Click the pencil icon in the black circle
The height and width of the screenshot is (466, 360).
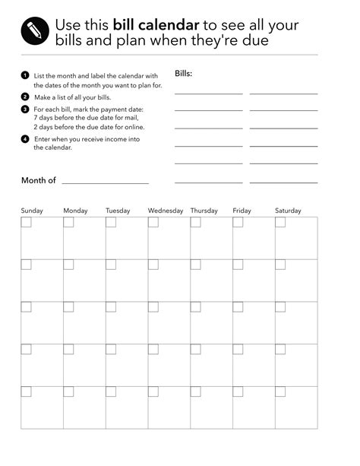coord(34,30)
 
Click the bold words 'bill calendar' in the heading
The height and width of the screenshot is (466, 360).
coord(156,25)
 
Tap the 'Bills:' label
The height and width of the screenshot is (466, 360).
coord(183,74)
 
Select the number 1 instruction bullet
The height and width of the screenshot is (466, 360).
coord(25,75)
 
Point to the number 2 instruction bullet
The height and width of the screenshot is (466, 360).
coord(25,97)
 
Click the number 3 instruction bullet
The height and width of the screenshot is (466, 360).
coord(25,109)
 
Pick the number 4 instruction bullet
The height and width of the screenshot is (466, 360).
coord(25,138)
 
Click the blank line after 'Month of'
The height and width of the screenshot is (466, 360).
coord(105,182)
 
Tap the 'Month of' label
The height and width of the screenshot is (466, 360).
coord(39,180)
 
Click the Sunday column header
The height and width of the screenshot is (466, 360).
coord(32,211)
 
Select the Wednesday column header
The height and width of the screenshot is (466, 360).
coord(165,211)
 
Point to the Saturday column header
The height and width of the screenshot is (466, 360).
coord(288,211)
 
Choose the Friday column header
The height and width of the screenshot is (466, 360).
coord(242,211)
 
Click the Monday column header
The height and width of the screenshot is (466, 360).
coord(75,211)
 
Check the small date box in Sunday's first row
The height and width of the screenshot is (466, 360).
coord(26,222)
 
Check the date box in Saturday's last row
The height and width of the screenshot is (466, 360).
coord(280,392)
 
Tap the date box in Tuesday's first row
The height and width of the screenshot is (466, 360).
coord(111,222)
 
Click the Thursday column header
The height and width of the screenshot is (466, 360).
coord(204,211)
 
